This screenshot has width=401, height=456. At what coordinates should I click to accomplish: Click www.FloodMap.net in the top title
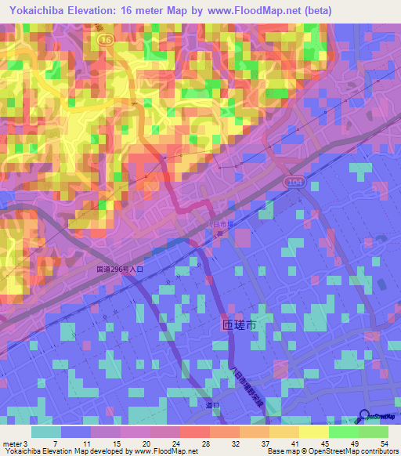pos(239,11)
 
